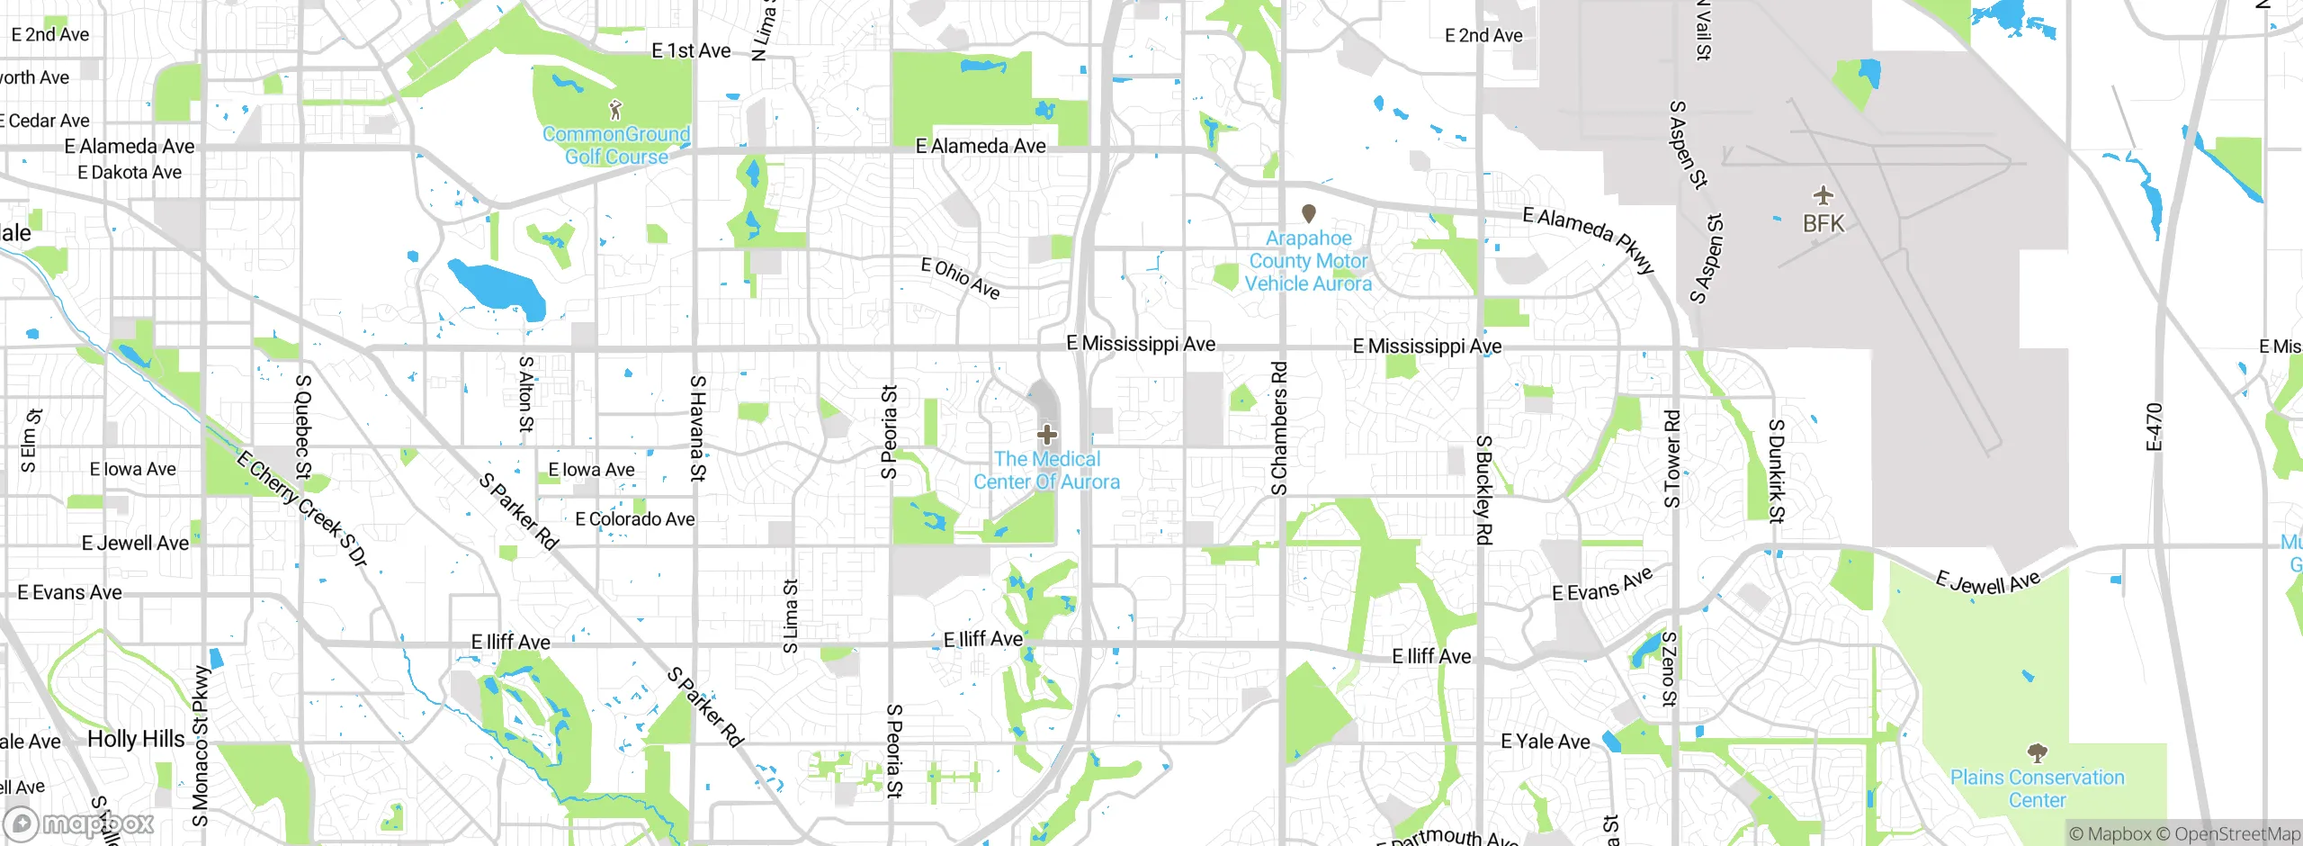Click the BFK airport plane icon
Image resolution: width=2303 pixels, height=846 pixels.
pyautogui.click(x=1823, y=195)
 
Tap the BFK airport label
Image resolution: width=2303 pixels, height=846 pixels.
pyautogui.click(x=1823, y=223)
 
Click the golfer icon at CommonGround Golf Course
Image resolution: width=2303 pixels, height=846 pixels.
pyautogui.click(x=615, y=111)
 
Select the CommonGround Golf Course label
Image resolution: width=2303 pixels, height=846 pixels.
pyautogui.click(x=616, y=146)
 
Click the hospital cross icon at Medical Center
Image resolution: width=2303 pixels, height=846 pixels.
pyautogui.click(x=1046, y=435)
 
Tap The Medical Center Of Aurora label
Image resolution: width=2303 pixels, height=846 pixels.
pyautogui.click(x=1046, y=471)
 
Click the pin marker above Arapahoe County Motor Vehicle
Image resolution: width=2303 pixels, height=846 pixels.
pyautogui.click(x=1308, y=213)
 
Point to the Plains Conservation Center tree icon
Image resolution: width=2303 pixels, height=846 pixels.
pyautogui.click(x=2037, y=752)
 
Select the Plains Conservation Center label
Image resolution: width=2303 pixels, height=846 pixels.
pyautogui.click(x=2037, y=788)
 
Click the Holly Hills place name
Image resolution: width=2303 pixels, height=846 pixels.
pyautogui.click(x=136, y=739)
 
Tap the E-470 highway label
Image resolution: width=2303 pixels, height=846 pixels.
pyautogui.click(x=2154, y=427)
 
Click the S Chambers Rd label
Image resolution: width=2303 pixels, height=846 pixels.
pyautogui.click(x=1279, y=428)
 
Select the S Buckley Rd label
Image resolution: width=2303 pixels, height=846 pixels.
pyautogui.click(x=1483, y=490)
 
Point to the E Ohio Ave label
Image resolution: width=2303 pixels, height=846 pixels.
pyautogui.click(x=960, y=278)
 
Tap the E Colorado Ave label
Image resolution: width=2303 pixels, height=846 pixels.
pyautogui.click(x=634, y=519)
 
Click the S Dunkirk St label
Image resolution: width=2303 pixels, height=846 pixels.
pyautogui.click(x=1776, y=471)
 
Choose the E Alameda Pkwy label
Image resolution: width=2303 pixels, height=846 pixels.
pyautogui.click(x=1589, y=239)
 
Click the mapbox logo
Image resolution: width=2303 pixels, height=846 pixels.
pyautogui.click(x=79, y=823)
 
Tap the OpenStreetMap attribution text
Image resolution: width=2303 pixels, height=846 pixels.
pyautogui.click(x=2236, y=834)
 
